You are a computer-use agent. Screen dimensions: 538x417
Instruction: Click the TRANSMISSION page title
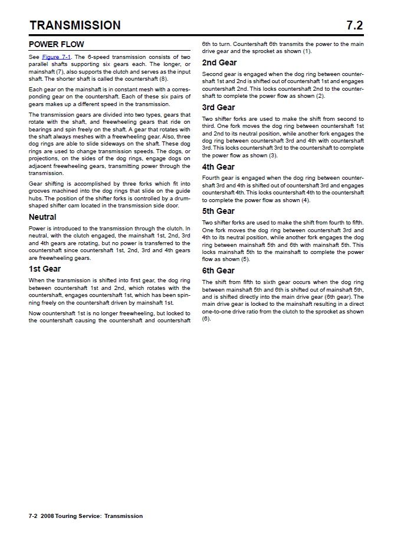click(x=75, y=25)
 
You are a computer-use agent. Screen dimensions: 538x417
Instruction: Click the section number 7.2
click(x=354, y=25)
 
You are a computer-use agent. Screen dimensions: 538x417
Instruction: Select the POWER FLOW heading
click(x=57, y=44)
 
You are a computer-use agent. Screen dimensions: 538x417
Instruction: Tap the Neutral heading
click(x=42, y=217)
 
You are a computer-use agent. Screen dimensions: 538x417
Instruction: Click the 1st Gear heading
click(x=45, y=269)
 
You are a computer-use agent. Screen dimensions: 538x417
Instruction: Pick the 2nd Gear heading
click(x=219, y=62)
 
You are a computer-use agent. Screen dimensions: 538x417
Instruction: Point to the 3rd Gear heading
click(x=218, y=107)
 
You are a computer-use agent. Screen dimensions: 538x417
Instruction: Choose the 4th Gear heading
click(x=218, y=167)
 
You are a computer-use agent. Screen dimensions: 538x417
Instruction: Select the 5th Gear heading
click(x=218, y=211)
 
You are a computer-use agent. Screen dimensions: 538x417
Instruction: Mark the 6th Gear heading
click(x=218, y=270)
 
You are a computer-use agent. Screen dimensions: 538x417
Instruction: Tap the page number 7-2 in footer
click(x=34, y=516)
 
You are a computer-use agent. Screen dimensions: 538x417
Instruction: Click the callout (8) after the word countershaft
click(x=163, y=79)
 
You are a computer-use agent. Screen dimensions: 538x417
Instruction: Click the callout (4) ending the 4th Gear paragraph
click(x=306, y=200)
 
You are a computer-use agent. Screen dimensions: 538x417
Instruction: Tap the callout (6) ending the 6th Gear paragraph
click(x=206, y=319)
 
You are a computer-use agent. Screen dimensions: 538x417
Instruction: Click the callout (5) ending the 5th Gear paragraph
click(x=245, y=259)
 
